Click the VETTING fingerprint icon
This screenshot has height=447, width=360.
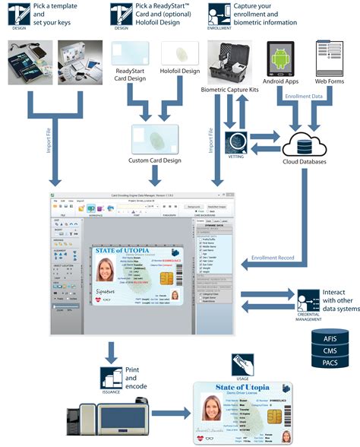click(x=238, y=143)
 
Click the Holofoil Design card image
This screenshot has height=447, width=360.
click(x=180, y=54)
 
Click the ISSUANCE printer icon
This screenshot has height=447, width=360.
click(x=111, y=376)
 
